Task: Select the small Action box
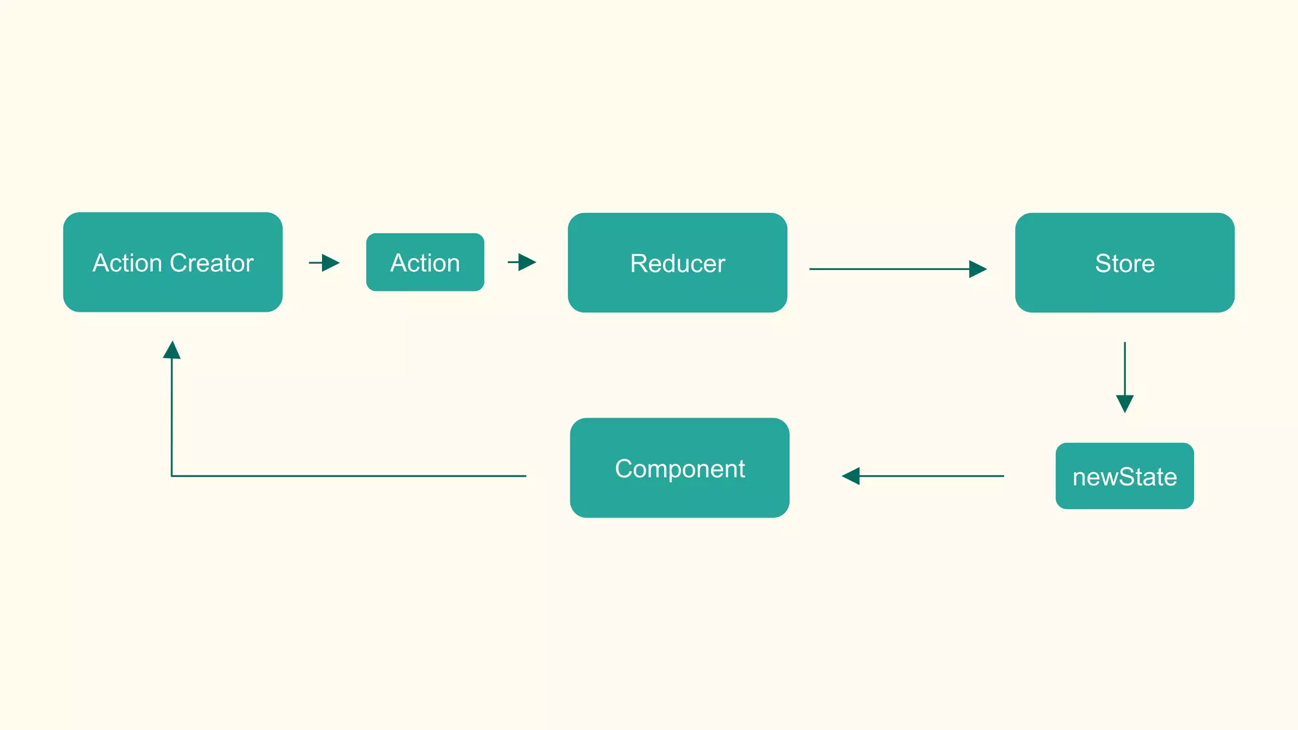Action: (x=425, y=262)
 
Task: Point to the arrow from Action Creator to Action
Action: (x=324, y=262)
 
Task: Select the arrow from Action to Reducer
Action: (x=522, y=262)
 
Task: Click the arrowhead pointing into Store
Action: (x=977, y=269)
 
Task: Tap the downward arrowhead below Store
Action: (x=1124, y=403)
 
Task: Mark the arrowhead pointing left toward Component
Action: (x=851, y=476)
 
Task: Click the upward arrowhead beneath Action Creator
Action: (x=172, y=350)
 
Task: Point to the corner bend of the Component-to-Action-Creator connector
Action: (x=172, y=475)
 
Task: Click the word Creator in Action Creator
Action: (x=212, y=263)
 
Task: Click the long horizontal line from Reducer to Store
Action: (x=887, y=269)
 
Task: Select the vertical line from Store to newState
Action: (x=1124, y=368)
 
